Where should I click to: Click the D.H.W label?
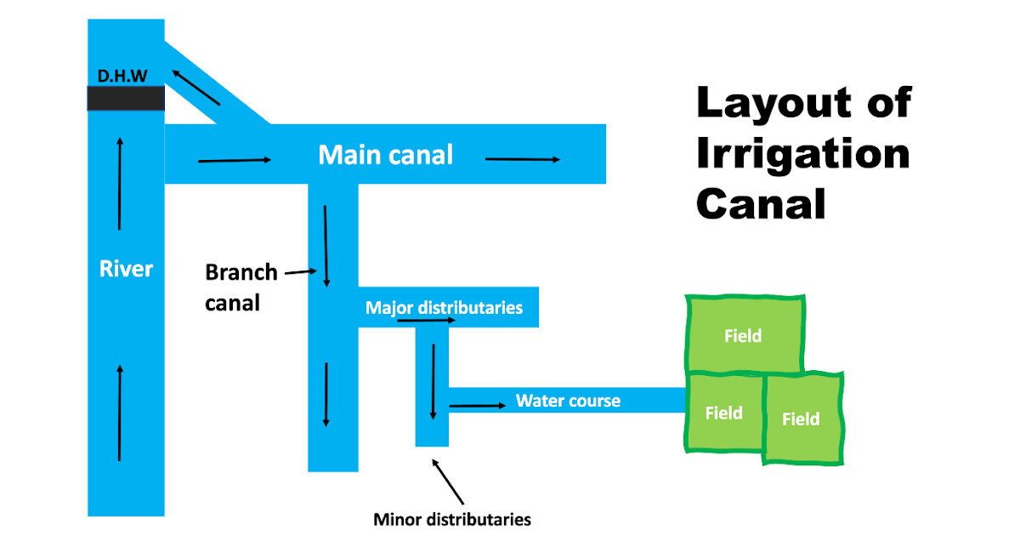pos(123,76)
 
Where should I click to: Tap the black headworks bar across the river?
pos(126,98)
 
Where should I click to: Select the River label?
pos(126,269)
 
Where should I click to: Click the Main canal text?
pos(385,155)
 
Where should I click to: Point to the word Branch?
pos(241,272)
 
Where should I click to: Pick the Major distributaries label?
pos(444,307)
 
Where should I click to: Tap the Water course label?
pos(568,401)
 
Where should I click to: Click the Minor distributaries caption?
pos(452,519)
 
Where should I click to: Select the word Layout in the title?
pos(769,103)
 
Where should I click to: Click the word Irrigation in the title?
pos(802,154)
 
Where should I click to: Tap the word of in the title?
pos(889,103)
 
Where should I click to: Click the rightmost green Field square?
pos(802,419)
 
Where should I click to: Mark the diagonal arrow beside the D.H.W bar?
pos(195,88)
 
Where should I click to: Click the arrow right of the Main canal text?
pos(523,159)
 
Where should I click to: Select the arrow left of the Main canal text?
pos(234,159)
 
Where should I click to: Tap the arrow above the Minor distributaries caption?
pos(448,482)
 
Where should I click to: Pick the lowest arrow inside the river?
pos(119,413)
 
